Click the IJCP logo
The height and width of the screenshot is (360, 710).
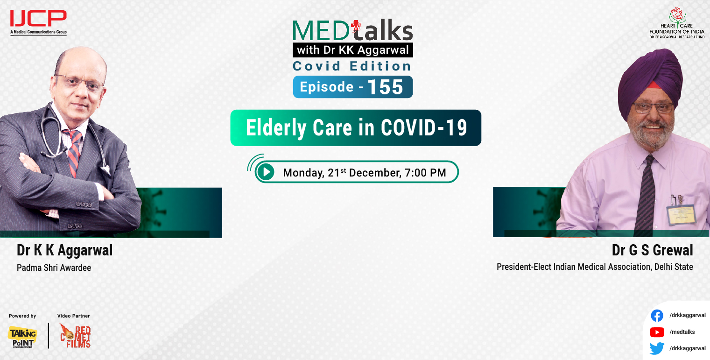tap(38, 21)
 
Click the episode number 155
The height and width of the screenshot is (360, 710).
tap(385, 87)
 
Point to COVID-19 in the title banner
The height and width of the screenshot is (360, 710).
tap(424, 128)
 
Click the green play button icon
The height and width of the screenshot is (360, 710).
tap(266, 172)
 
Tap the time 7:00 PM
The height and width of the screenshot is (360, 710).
tap(425, 173)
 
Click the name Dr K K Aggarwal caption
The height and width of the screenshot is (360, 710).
tap(64, 250)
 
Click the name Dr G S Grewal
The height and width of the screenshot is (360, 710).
tap(652, 250)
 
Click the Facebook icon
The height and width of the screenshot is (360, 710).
tap(657, 316)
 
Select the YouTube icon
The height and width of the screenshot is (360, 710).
tap(657, 332)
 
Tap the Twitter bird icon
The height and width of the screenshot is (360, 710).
tap(657, 348)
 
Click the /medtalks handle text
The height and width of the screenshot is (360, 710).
tap(682, 332)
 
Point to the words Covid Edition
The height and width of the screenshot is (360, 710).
tap(352, 66)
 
